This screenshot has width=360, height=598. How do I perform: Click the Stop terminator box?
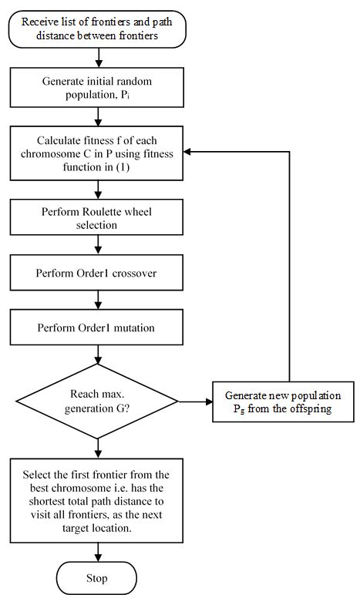tap(97, 578)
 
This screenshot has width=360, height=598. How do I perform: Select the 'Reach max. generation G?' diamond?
tap(97, 401)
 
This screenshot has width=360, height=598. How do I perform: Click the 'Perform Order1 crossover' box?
tap(97, 274)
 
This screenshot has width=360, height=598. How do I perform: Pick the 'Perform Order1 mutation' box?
tap(97, 328)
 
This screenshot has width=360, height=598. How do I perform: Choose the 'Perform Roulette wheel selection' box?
tap(97, 218)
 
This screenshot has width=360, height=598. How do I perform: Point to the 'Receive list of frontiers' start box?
tap(97, 28)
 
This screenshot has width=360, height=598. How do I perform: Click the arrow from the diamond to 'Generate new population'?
tap(194, 401)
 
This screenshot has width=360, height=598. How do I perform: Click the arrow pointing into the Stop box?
tap(97, 553)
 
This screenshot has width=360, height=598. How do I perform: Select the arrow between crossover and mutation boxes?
tap(97, 301)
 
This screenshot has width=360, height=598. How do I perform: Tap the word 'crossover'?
tap(133, 274)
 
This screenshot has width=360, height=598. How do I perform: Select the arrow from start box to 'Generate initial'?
tap(97, 58)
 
